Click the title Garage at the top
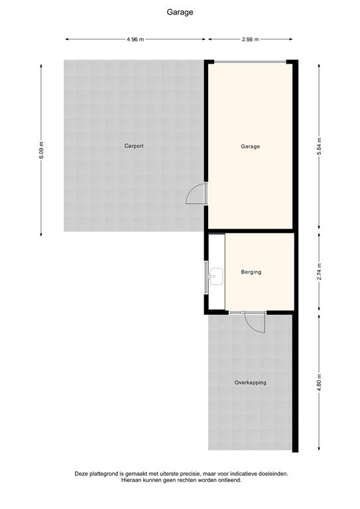[x=180, y=11]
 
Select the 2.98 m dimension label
[x=251, y=39]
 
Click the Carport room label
[x=134, y=146]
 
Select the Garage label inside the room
[x=250, y=146]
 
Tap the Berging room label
[x=251, y=272]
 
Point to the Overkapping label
[x=251, y=382]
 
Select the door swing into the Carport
[x=196, y=194]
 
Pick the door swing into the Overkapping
[x=253, y=323]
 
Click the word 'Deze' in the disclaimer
[x=82, y=474]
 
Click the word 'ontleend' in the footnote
[x=227, y=481]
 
